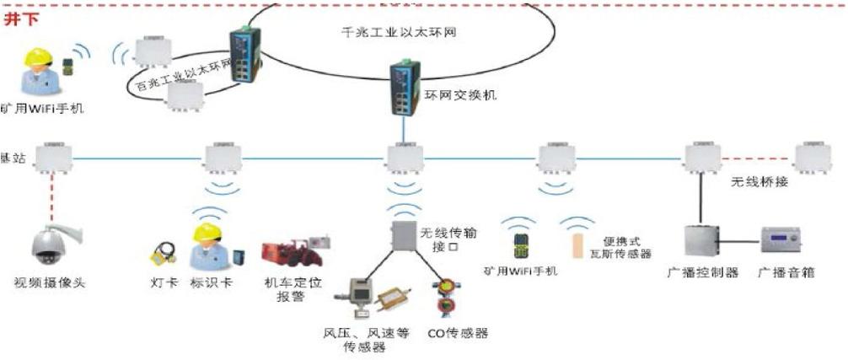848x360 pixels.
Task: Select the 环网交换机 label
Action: [x=460, y=94]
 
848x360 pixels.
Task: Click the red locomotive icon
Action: [x=288, y=251]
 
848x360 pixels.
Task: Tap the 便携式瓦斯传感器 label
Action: [x=627, y=247]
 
